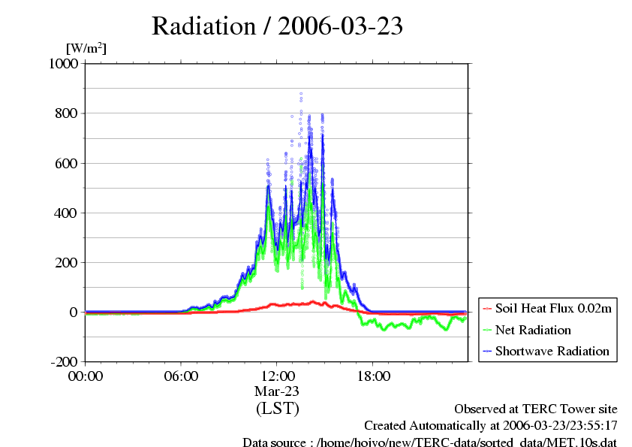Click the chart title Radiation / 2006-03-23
pyautogui.click(x=277, y=26)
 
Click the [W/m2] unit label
pyautogui.click(x=86, y=48)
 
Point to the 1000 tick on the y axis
pyautogui.click(x=64, y=64)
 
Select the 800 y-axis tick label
pyautogui.click(x=68, y=113)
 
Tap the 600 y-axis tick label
pyautogui.click(x=68, y=163)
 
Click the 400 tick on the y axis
pyautogui.click(x=68, y=213)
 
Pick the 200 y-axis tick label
pyautogui.click(x=68, y=262)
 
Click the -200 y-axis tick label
pyautogui.click(x=65, y=361)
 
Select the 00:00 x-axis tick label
pyautogui.click(x=85, y=376)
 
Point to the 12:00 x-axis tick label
pyautogui.click(x=277, y=376)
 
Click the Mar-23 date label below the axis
pyautogui.click(x=277, y=391)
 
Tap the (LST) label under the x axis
pyautogui.click(x=277, y=409)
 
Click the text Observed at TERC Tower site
pyautogui.click(x=536, y=409)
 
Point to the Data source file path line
pyautogui.click(x=429, y=442)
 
